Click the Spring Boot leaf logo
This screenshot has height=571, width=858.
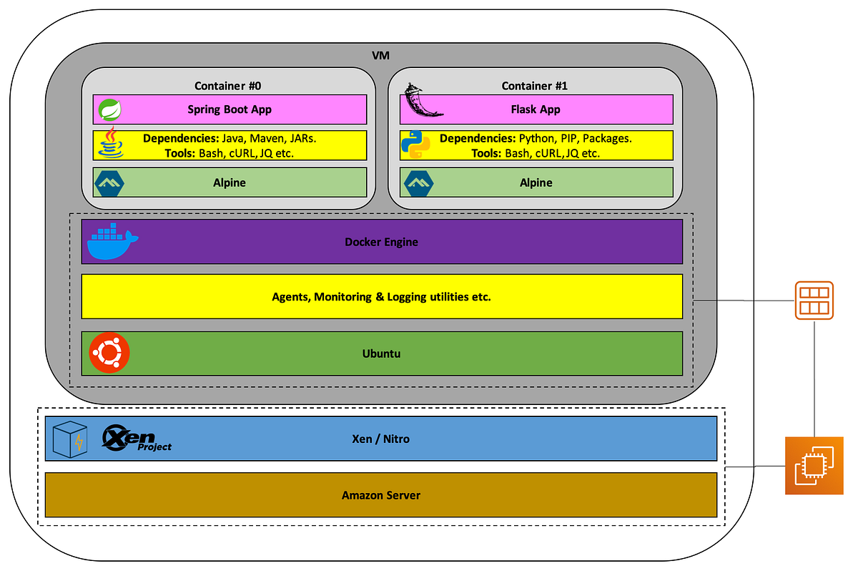coord(110,109)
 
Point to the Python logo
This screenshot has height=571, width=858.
coord(415,145)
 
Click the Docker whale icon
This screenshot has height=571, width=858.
coord(112,241)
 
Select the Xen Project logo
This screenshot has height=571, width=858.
coord(137,437)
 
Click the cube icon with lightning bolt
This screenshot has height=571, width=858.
coord(70,439)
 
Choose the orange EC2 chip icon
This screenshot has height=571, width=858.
coord(814,465)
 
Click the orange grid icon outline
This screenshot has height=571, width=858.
coord(814,301)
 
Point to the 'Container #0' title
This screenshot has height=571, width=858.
coord(227,86)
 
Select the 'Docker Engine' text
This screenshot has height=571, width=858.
coord(381,242)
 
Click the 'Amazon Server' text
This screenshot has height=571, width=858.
coord(380,495)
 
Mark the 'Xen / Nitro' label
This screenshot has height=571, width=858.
coord(381,438)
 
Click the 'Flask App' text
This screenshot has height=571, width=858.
coord(536,109)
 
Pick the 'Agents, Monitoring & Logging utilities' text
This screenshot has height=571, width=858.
coord(381,296)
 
